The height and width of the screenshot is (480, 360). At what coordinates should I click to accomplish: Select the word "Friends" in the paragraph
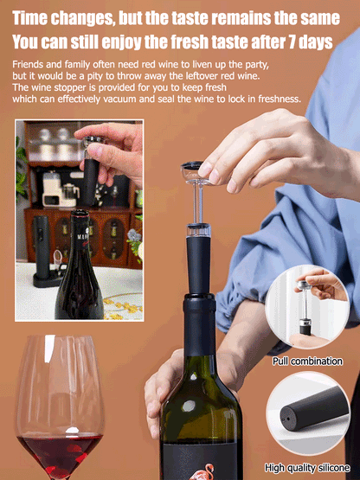31,65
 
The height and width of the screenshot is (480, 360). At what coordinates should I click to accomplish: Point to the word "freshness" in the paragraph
274,99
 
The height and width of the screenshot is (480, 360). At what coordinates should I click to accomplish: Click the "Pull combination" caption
307,361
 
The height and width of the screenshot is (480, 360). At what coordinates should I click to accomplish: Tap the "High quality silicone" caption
307,468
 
